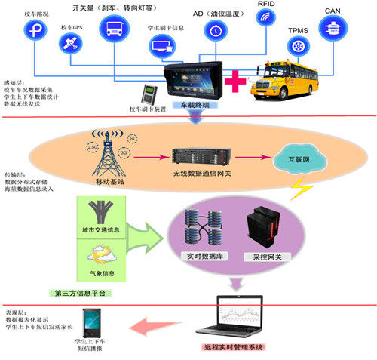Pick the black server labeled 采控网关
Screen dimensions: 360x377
tap(264, 229)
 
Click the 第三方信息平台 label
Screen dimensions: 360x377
tap(81, 292)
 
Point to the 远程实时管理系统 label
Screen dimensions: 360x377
tap(234, 348)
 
